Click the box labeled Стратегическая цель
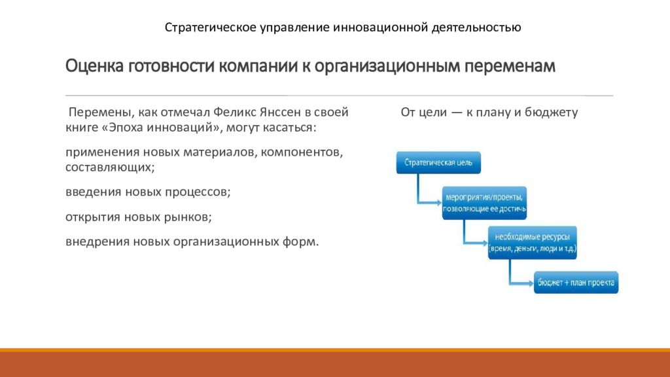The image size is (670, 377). [x=438, y=162]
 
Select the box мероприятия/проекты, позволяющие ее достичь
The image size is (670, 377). [x=484, y=203]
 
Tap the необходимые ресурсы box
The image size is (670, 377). [x=533, y=243]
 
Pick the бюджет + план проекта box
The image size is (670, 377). [x=576, y=283]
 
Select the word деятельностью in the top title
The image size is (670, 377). [x=476, y=27]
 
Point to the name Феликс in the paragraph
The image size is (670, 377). [x=234, y=112]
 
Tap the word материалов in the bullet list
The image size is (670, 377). [x=220, y=152]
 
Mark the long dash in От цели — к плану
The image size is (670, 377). [x=457, y=113]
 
